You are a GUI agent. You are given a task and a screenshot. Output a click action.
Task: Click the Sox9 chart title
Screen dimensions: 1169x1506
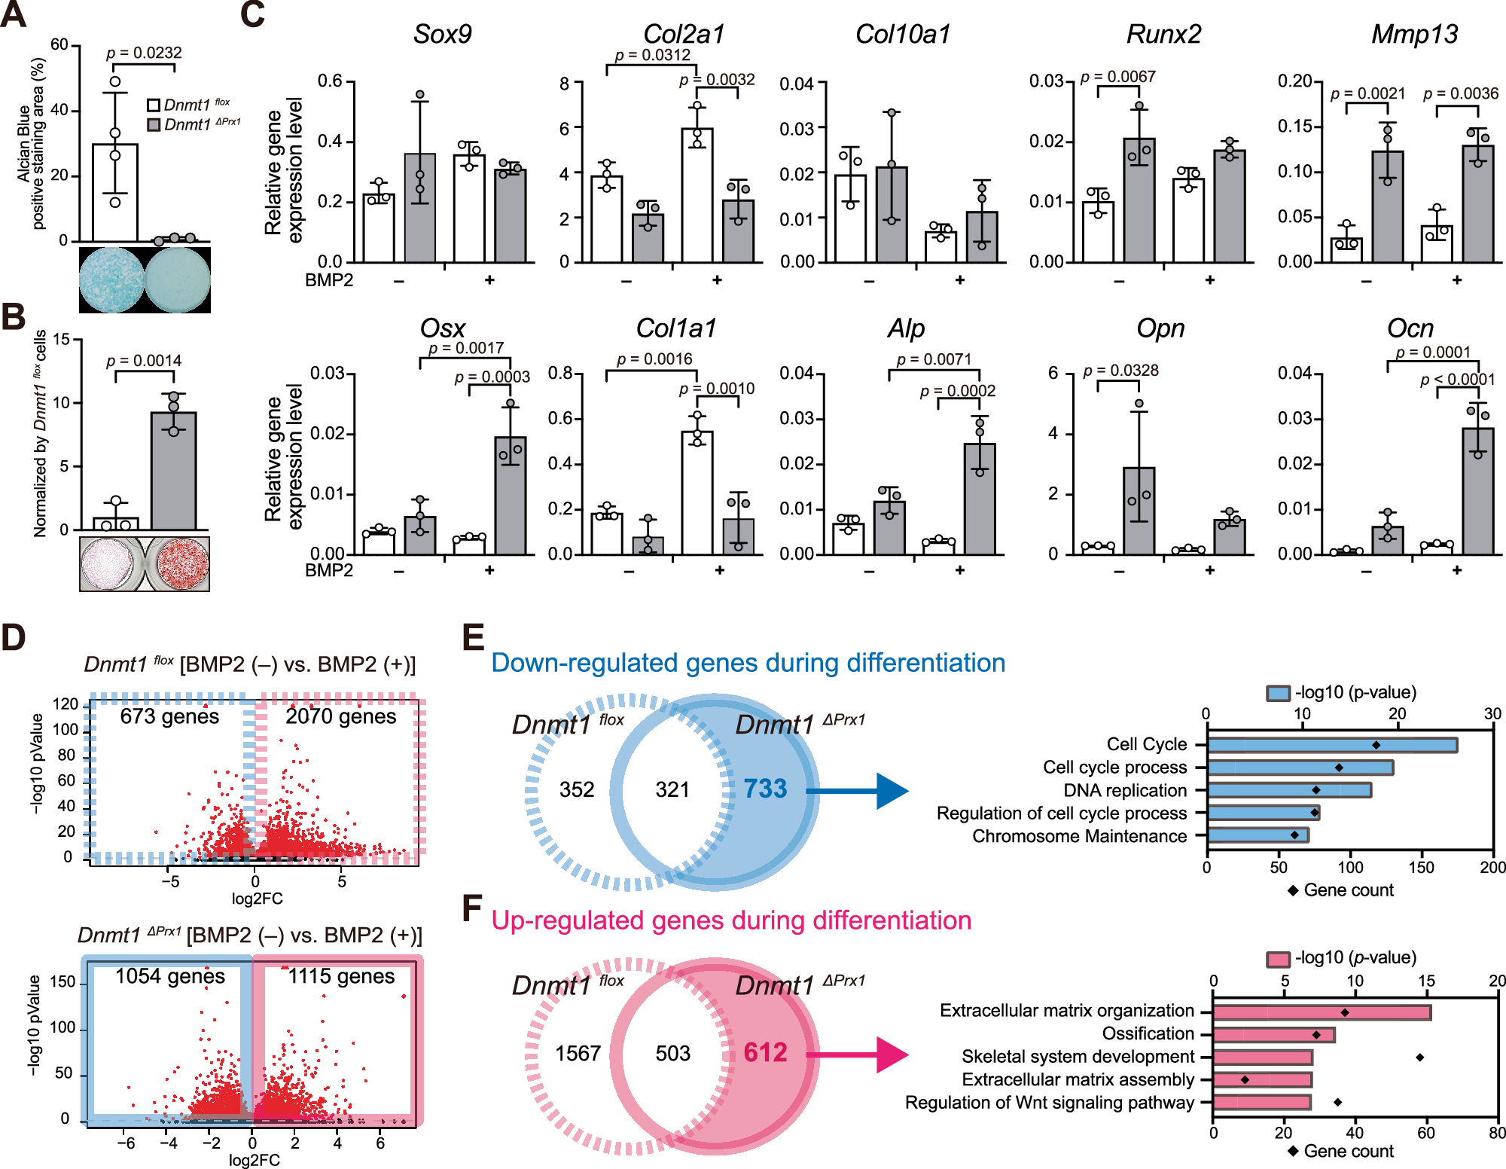pyautogui.click(x=442, y=35)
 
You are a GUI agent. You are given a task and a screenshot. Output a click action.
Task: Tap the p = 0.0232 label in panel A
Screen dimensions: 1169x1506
pyautogui.click(x=144, y=53)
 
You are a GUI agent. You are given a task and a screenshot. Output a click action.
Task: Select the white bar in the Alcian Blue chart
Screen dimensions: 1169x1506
pyautogui.click(x=114, y=192)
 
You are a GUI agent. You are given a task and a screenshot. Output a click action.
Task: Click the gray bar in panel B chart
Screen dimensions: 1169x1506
pyautogui.click(x=174, y=471)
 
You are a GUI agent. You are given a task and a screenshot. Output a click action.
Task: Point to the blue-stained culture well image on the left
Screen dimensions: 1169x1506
pyautogui.click(x=111, y=279)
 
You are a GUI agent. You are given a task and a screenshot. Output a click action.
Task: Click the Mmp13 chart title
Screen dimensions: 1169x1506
pyautogui.click(x=1414, y=35)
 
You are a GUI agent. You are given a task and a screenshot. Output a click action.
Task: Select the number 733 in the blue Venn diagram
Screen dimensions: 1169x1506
pyautogui.click(x=765, y=789)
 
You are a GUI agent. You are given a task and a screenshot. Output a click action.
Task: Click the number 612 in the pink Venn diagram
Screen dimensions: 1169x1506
pyautogui.click(x=765, y=1052)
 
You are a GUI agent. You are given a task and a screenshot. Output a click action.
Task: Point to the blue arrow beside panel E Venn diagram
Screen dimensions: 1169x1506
pyautogui.click(x=858, y=791)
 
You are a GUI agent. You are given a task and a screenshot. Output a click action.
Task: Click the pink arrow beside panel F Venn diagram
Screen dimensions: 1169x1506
pyautogui.click(x=858, y=1055)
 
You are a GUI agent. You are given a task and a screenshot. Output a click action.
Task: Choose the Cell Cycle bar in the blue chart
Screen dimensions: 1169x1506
pyautogui.click(x=1331, y=745)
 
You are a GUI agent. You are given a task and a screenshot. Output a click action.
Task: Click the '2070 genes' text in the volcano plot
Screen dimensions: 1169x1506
pyautogui.click(x=340, y=716)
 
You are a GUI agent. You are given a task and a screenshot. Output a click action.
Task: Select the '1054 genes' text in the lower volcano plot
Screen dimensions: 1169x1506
pyautogui.click(x=170, y=976)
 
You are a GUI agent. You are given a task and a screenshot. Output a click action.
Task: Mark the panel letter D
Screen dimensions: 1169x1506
pyautogui.click(x=14, y=638)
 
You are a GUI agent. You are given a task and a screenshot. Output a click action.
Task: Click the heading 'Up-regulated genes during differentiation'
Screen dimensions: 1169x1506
pyautogui.click(x=731, y=920)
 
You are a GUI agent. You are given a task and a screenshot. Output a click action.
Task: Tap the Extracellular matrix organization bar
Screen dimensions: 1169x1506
pyautogui.click(x=1322, y=1012)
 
